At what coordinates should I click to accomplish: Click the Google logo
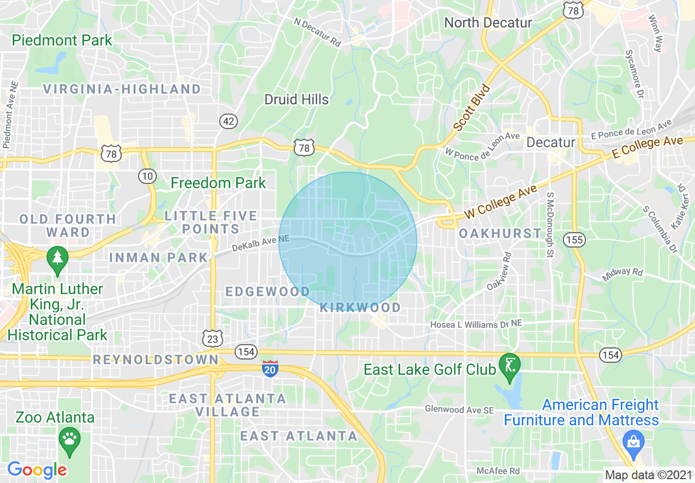point(37,470)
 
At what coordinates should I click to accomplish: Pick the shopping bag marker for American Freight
point(633,442)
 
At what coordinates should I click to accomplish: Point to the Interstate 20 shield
point(269,368)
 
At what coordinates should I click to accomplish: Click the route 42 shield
point(228,121)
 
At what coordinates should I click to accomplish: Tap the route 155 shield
point(576,239)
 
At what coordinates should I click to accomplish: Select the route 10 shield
point(147,176)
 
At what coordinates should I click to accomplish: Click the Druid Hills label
point(297,99)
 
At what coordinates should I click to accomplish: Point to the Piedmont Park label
point(62,40)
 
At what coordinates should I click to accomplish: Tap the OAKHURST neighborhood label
point(500,233)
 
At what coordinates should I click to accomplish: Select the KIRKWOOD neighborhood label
point(360,307)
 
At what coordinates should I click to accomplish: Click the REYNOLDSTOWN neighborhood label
point(156,360)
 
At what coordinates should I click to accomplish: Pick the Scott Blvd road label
point(471,108)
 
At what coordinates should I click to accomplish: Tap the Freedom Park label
point(218,183)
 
